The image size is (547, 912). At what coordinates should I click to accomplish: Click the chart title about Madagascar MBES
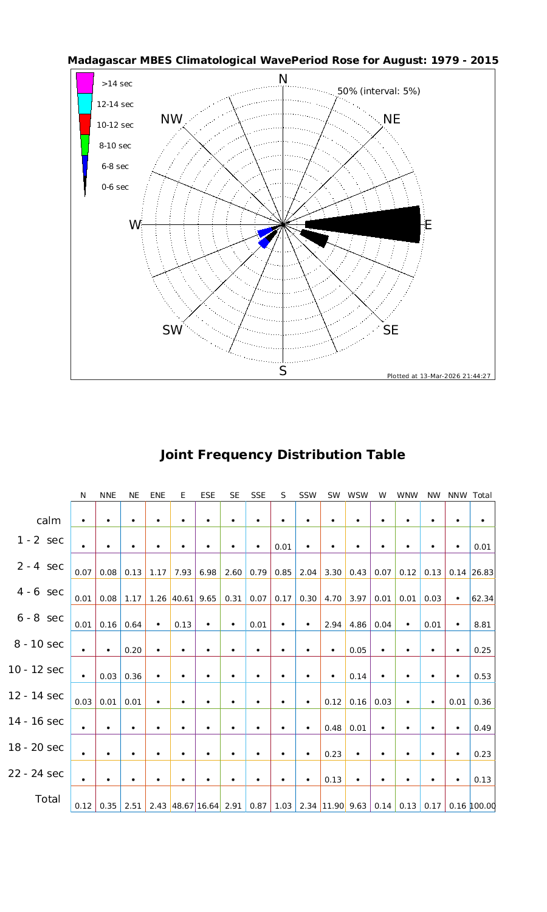[x=283, y=61]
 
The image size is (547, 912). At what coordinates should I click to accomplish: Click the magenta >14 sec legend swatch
[x=85, y=83]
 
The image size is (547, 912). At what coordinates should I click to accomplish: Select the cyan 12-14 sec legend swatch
[x=85, y=103]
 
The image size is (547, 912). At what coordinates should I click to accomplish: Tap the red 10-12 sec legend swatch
[x=85, y=124]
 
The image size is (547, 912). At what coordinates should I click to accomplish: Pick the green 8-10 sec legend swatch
[x=85, y=145]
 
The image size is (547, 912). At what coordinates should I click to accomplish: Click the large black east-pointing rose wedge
[x=377, y=224]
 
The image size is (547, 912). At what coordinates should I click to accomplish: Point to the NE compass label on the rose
[x=392, y=119]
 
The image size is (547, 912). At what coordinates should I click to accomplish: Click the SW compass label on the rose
[x=173, y=330]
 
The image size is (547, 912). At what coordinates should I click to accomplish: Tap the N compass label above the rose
[x=283, y=80]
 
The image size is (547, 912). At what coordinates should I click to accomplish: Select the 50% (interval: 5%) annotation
[x=379, y=91]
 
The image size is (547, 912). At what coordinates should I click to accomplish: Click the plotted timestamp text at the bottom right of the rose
[x=438, y=376]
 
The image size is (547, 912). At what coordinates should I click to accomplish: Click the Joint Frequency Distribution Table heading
[x=283, y=455]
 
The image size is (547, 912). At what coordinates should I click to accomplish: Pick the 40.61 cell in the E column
[x=183, y=598]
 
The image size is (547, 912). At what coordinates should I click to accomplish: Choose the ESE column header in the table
[x=208, y=496]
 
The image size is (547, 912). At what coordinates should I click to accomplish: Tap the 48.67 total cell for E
[x=183, y=806]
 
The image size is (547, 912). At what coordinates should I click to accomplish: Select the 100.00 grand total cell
[x=483, y=806]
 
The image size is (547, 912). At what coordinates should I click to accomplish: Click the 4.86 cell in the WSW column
[x=358, y=624]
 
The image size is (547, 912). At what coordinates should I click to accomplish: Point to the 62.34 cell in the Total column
[x=483, y=598]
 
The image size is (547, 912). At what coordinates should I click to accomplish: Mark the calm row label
[x=49, y=520]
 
